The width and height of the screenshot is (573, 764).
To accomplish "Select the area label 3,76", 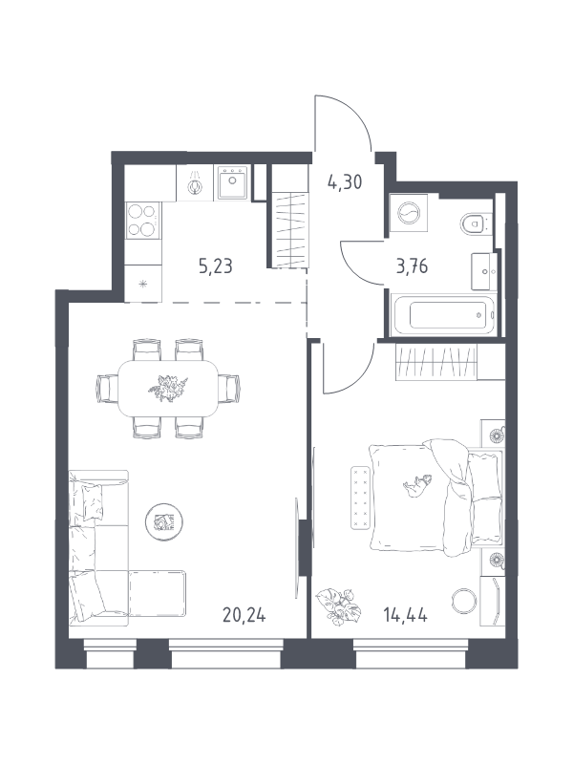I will (413, 266).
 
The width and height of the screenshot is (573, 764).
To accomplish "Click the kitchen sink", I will (232, 181).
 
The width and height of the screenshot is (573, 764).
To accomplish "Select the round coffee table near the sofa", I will (162, 520).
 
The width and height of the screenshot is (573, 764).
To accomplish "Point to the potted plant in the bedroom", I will (338, 605).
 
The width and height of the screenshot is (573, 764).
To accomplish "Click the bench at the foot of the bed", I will (360, 497).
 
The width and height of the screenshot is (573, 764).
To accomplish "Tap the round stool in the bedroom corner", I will (463, 602).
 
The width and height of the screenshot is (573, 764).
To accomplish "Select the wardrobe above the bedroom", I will (435, 363).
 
